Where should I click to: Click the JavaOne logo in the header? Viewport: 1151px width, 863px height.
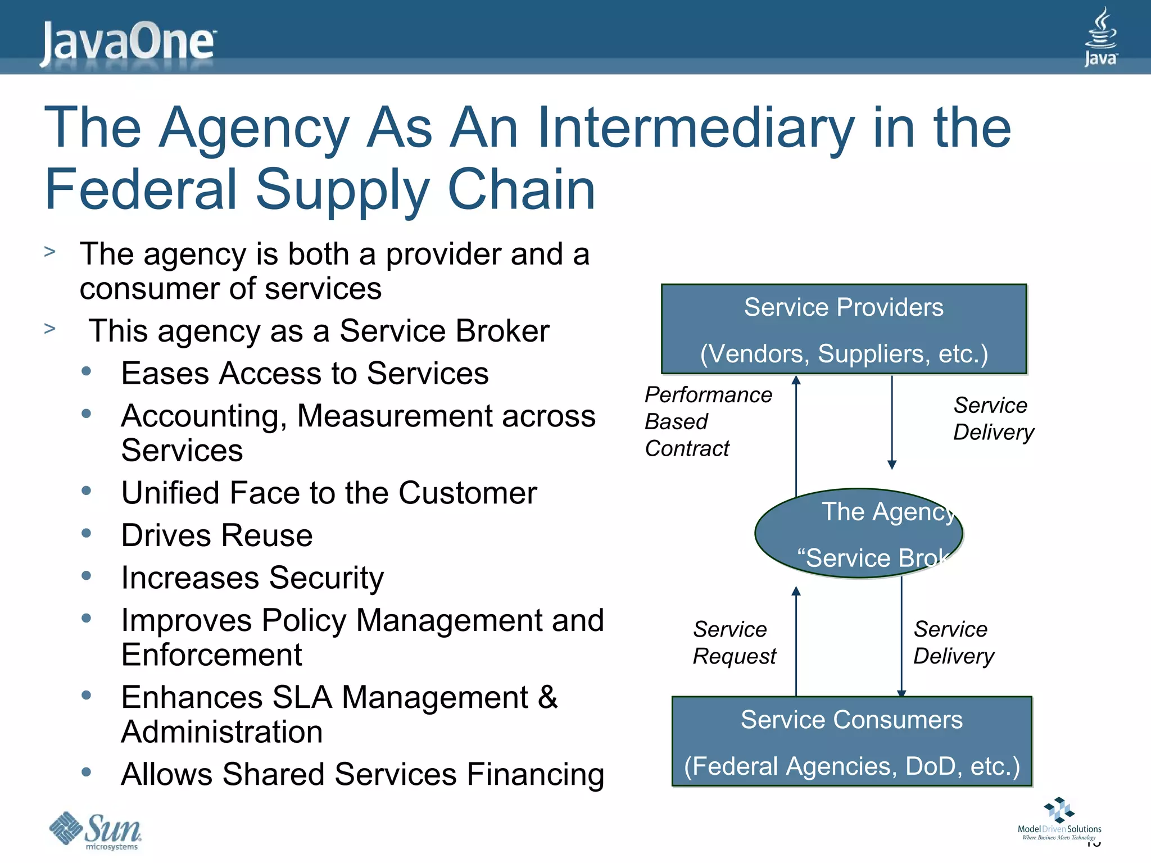(x=128, y=42)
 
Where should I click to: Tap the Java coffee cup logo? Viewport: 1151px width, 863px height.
(x=1100, y=37)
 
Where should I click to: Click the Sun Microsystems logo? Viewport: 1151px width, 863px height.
(x=96, y=830)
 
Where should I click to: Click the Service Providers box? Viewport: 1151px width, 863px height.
(x=844, y=329)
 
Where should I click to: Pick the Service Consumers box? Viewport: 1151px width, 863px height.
(x=851, y=742)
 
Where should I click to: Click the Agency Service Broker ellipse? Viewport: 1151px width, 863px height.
(x=858, y=533)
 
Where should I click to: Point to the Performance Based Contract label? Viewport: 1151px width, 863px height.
(x=708, y=421)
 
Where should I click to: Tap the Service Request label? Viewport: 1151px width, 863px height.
(x=734, y=642)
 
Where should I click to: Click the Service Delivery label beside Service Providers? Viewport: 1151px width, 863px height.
(x=993, y=419)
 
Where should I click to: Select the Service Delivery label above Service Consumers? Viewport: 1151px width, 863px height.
(x=953, y=642)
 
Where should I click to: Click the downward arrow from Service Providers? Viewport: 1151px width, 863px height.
(x=892, y=421)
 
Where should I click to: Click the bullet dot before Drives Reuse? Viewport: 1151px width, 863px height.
(x=86, y=533)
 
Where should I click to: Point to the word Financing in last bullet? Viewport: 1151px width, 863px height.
(x=535, y=774)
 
